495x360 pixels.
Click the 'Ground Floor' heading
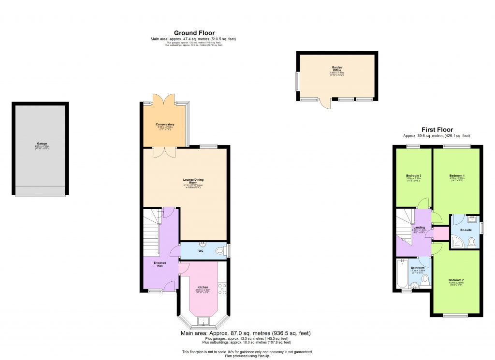click(194, 33)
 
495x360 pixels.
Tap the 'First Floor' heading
click(437, 130)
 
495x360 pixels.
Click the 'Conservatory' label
click(165, 125)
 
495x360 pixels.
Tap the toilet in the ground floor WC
click(221, 250)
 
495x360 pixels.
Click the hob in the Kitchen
click(223, 289)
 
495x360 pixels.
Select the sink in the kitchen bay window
click(203, 320)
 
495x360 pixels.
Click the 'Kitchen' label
click(203, 287)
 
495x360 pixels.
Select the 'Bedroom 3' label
click(414, 175)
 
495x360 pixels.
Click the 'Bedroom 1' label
click(457, 175)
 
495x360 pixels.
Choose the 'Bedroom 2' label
click(456, 280)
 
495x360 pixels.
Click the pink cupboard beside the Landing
click(440, 234)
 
